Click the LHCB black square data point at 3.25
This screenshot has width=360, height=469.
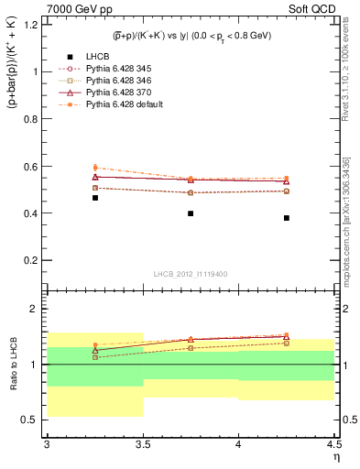click(x=94, y=198)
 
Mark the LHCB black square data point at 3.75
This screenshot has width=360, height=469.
click(x=191, y=213)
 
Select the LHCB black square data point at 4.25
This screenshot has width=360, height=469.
click(x=287, y=218)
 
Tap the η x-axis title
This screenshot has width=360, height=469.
click(x=335, y=456)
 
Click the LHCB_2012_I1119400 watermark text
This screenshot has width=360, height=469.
click(x=191, y=274)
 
